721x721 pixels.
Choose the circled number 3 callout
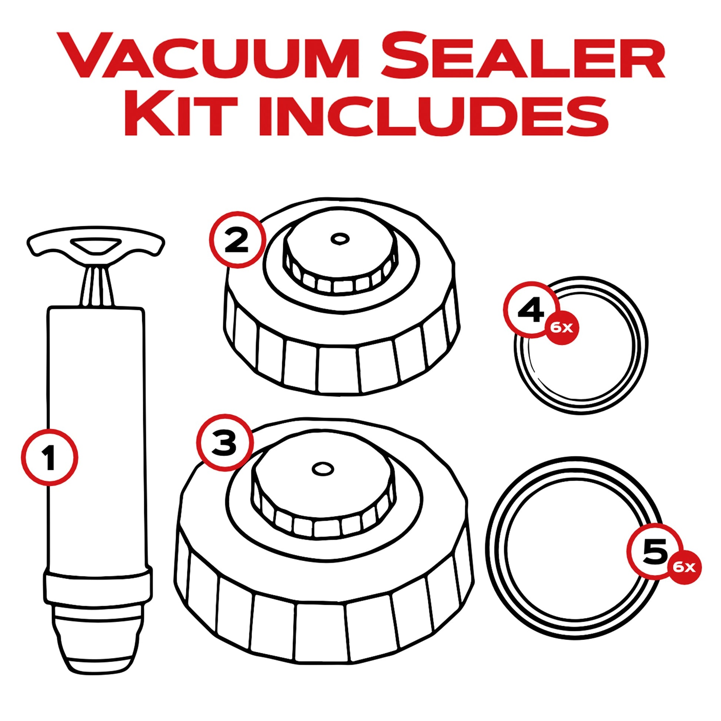point(224,443)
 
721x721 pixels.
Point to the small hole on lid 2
point(339,238)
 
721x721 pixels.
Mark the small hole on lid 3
point(321,469)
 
